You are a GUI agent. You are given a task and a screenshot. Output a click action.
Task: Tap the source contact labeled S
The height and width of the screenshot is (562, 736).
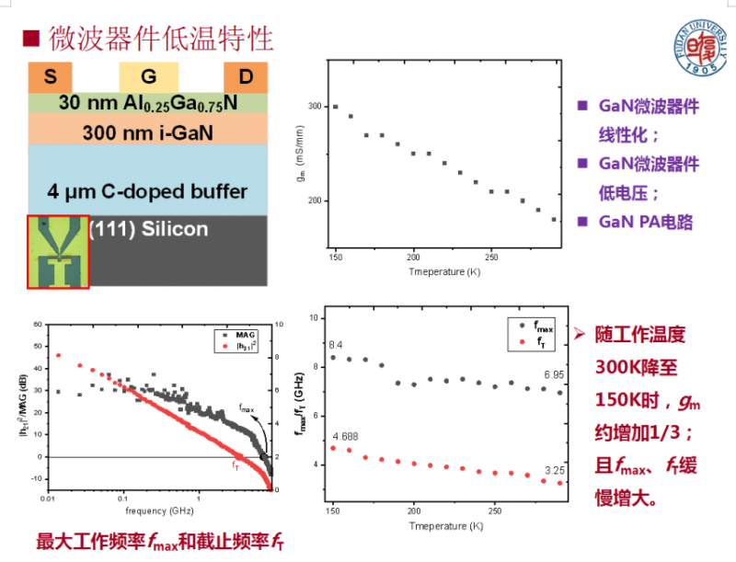click(47, 77)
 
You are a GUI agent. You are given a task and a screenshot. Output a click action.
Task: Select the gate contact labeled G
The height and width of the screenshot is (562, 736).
click(148, 77)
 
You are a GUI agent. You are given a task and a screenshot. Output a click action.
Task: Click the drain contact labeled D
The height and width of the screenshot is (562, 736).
click(246, 77)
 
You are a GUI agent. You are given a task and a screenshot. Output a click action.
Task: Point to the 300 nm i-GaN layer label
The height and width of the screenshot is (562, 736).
click(147, 132)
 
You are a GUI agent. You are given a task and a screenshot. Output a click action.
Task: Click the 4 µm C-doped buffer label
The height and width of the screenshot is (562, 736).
click(147, 191)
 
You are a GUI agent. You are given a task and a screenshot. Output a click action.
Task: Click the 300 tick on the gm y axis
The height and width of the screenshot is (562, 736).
click(316, 107)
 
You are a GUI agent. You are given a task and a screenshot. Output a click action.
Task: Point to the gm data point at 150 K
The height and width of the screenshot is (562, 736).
click(335, 107)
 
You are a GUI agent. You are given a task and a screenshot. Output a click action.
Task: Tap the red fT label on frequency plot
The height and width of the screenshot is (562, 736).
click(236, 466)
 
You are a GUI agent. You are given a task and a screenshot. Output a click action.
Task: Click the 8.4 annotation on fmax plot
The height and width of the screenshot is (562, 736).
click(336, 344)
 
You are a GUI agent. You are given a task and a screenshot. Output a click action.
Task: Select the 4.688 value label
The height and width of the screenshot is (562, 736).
click(346, 435)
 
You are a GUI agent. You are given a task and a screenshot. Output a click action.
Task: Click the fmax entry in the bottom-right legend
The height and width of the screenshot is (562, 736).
click(537, 325)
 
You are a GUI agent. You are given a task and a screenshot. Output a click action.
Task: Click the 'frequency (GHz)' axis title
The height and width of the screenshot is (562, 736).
click(152, 509)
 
